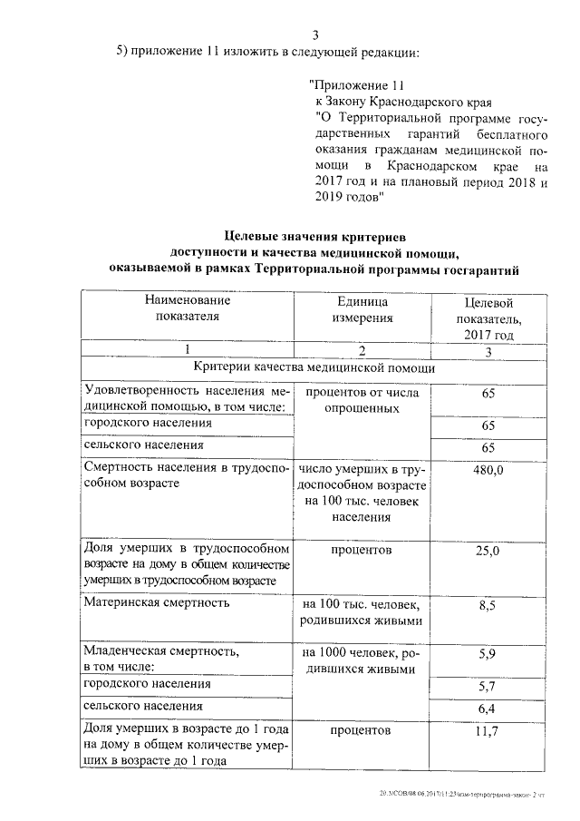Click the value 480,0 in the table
[x=488, y=471]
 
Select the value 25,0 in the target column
[x=488, y=551]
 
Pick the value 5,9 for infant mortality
[x=488, y=652]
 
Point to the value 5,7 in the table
[x=488, y=687]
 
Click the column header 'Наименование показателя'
[x=187, y=308]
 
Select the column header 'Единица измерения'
[x=362, y=308]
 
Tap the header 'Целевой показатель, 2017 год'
[x=488, y=318]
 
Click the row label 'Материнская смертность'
[x=156, y=601]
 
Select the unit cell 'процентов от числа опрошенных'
[x=362, y=400]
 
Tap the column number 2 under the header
[x=362, y=350]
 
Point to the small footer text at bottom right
[x=463, y=794]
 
